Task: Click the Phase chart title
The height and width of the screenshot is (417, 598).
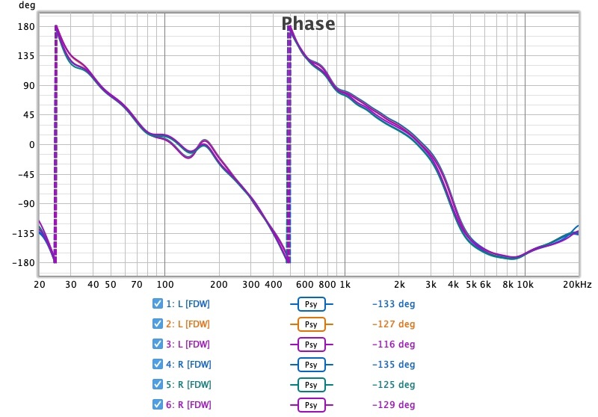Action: point(308,24)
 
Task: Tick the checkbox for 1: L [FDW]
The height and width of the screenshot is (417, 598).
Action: point(157,304)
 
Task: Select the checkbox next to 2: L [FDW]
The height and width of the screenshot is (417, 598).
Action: point(157,324)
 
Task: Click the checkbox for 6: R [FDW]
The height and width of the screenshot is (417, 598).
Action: point(157,404)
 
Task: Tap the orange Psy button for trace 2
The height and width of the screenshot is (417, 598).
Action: point(311,324)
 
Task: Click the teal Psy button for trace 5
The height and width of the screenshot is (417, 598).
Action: point(311,384)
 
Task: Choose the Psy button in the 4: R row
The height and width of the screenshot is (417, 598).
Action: point(311,365)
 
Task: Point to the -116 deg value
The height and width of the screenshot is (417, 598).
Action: point(392,345)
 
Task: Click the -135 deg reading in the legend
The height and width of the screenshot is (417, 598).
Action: point(392,365)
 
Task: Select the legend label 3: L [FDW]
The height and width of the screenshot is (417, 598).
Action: point(188,345)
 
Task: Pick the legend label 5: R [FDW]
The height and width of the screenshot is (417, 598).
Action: point(188,384)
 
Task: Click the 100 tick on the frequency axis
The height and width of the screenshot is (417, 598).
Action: point(164,285)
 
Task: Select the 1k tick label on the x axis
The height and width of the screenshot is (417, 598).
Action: point(345,285)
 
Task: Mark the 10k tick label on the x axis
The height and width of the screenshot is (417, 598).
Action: point(525,285)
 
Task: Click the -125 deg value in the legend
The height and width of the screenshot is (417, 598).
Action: point(392,384)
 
